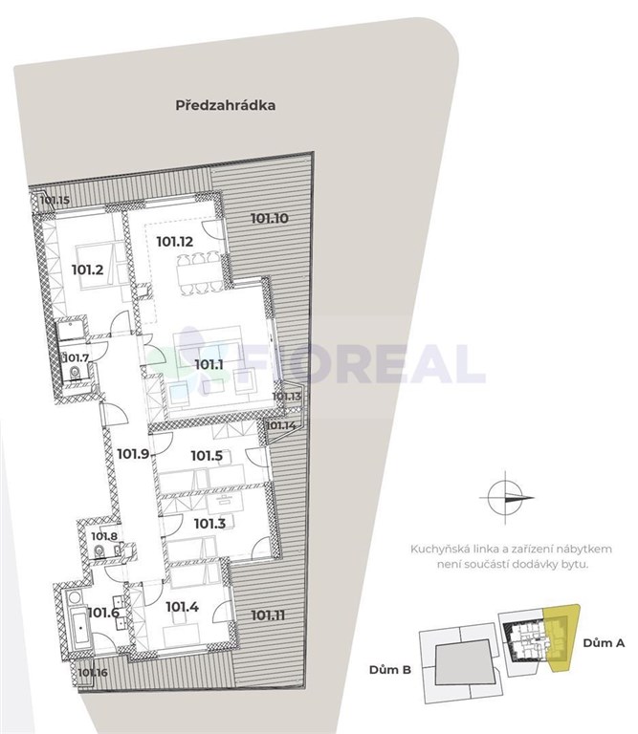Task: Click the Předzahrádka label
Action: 226,105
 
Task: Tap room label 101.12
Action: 175,242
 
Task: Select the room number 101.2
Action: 88,270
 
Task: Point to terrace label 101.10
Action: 270,218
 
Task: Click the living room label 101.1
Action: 209,364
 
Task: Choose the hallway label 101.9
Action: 133,454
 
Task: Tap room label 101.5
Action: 207,456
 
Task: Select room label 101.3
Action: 209,524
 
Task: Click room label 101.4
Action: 183,607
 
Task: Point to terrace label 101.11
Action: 268,615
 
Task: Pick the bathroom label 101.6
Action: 103,613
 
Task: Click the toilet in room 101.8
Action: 99,551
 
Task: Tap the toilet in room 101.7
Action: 75,373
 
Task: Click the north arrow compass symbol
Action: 506,498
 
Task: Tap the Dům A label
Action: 604,642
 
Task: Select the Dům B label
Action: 390,669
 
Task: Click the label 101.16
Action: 93,673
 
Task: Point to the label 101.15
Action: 55,201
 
